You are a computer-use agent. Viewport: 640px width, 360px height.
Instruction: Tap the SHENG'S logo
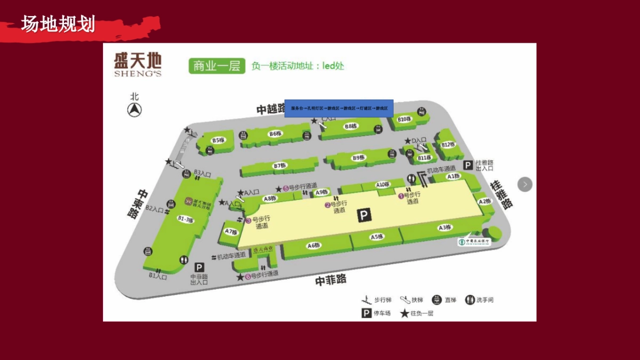point(138,65)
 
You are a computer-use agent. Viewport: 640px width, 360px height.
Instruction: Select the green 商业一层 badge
point(217,66)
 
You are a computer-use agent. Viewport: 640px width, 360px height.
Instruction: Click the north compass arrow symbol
point(134,110)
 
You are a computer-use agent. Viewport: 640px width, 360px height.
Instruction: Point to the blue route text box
point(339,108)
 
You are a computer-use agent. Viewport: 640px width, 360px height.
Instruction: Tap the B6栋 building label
point(275,134)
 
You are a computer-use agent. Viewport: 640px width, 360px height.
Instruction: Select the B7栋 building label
point(279,166)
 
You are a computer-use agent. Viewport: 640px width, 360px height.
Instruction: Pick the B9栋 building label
point(358,157)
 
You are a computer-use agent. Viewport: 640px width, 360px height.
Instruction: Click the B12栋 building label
point(447,145)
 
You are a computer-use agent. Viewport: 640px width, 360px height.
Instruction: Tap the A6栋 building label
point(314,245)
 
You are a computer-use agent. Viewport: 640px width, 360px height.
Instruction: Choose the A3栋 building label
point(445,228)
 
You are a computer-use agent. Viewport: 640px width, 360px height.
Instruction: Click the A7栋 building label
point(230,231)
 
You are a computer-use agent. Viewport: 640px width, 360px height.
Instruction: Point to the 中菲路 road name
point(331,279)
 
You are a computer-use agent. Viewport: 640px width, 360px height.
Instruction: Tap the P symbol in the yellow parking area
point(363,215)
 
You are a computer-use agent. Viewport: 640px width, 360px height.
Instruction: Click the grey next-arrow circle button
point(525,185)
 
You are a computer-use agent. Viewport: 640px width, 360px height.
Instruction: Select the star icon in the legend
point(405,313)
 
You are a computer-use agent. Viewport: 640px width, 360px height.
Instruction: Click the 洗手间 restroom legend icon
point(470,300)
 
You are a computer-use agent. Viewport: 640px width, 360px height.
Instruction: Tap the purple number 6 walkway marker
point(248,277)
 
